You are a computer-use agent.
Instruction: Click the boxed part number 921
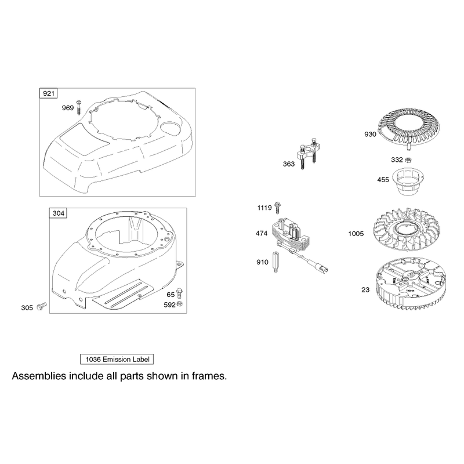click(x=49, y=93)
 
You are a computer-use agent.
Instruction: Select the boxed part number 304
click(x=59, y=213)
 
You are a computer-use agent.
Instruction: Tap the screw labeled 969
click(x=79, y=107)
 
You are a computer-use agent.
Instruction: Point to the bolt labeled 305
click(x=42, y=307)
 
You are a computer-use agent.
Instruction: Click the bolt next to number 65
click(x=179, y=293)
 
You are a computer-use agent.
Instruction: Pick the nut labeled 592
click(x=179, y=304)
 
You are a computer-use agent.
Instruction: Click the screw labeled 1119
click(x=277, y=207)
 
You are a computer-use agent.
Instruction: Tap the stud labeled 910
click(x=275, y=262)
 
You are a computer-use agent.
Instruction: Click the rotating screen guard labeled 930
click(x=409, y=128)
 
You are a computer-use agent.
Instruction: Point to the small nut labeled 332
click(x=408, y=160)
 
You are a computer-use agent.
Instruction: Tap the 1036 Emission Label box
click(x=117, y=359)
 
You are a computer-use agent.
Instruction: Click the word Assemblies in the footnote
click(x=39, y=376)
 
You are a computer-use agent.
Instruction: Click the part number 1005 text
click(x=356, y=234)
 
